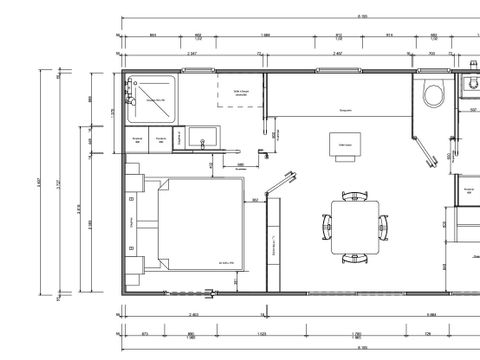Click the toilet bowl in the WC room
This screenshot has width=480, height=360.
(434, 96)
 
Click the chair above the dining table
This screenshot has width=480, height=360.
(352, 195)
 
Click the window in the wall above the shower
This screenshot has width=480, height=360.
(152, 70)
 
